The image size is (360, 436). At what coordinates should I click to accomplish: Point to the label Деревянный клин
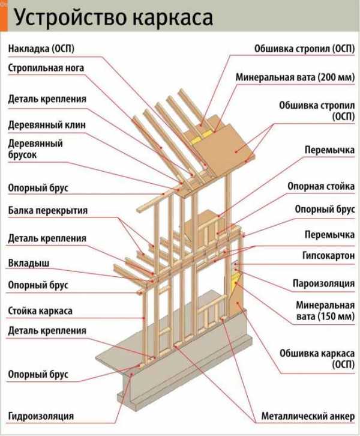[x=46, y=125]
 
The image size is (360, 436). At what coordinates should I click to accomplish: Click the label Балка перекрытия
[x=48, y=210]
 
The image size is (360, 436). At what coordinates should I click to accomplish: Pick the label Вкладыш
[x=29, y=263]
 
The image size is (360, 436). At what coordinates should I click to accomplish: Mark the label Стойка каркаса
[x=40, y=310]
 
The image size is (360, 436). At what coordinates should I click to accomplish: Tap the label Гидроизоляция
[x=41, y=416]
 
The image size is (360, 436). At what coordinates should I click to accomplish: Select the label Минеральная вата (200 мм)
[x=295, y=77]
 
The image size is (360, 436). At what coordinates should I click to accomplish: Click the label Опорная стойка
[x=320, y=187]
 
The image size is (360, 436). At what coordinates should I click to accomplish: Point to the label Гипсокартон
[x=328, y=255]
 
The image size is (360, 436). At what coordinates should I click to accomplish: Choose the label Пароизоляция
[x=323, y=283]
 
